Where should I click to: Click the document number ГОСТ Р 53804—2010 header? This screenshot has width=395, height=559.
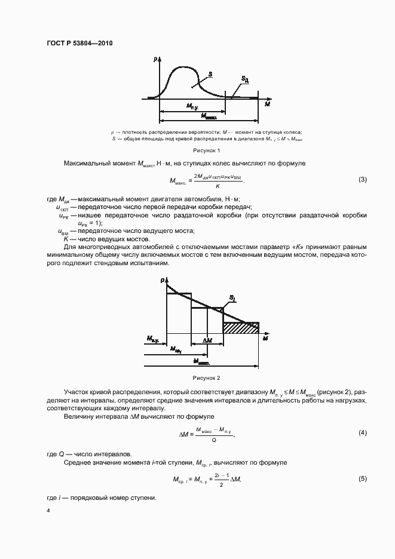click(x=79, y=44)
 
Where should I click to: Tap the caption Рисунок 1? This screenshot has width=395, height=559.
click(x=206, y=150)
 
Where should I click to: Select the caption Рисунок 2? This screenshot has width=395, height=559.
click(x=206, y=378)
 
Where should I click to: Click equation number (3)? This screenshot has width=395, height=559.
click(x=362, y=180)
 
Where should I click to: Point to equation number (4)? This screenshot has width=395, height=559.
click(x=362, y=432)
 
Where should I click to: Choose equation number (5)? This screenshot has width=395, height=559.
click(x=362, y=479)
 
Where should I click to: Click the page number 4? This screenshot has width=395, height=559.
click(x=48, y=511)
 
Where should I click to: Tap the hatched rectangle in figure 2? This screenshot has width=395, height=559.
click(x=241, y=327)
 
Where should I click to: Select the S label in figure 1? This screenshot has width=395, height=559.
click(x=211, y=75)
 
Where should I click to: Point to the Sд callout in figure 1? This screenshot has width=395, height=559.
click(x=245, y=78)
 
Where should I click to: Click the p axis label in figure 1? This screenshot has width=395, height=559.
click(x=154, y=59)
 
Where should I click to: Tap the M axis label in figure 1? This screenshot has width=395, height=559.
click(x=268, y=103)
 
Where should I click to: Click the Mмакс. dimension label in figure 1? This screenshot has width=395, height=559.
click(x=209, y=116)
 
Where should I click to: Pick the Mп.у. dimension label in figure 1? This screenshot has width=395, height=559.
click(x=192, y=106)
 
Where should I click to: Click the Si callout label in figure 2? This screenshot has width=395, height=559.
click(x=232, y=297)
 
